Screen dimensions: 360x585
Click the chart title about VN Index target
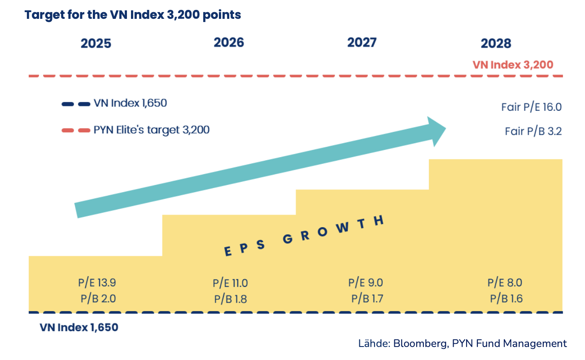133,15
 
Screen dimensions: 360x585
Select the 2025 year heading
96,44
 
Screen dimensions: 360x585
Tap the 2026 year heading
229,42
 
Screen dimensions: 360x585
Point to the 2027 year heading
362,42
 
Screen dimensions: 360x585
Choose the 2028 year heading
496,44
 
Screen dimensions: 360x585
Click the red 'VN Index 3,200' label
513,65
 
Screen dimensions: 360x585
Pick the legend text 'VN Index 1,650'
130,103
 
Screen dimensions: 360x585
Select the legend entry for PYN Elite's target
152,131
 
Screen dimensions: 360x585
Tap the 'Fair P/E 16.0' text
531,108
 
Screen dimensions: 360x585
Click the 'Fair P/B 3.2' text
533,132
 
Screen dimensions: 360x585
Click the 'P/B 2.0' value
98,298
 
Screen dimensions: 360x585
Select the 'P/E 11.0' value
230,284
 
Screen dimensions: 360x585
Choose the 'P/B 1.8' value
231,299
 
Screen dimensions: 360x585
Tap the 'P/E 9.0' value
365,283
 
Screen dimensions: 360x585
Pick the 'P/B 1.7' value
367,298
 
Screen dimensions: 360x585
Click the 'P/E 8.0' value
505,283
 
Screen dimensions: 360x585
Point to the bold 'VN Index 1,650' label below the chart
79,328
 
